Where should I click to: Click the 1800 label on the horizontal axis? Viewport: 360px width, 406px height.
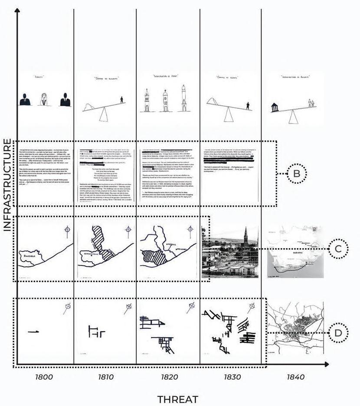[45, 377]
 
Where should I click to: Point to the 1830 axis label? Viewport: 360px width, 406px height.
[232, 377]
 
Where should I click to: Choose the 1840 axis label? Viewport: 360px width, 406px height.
[296, 377]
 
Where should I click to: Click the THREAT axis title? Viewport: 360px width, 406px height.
[178, 399]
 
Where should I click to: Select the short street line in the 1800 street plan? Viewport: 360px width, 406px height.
[33, 332]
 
